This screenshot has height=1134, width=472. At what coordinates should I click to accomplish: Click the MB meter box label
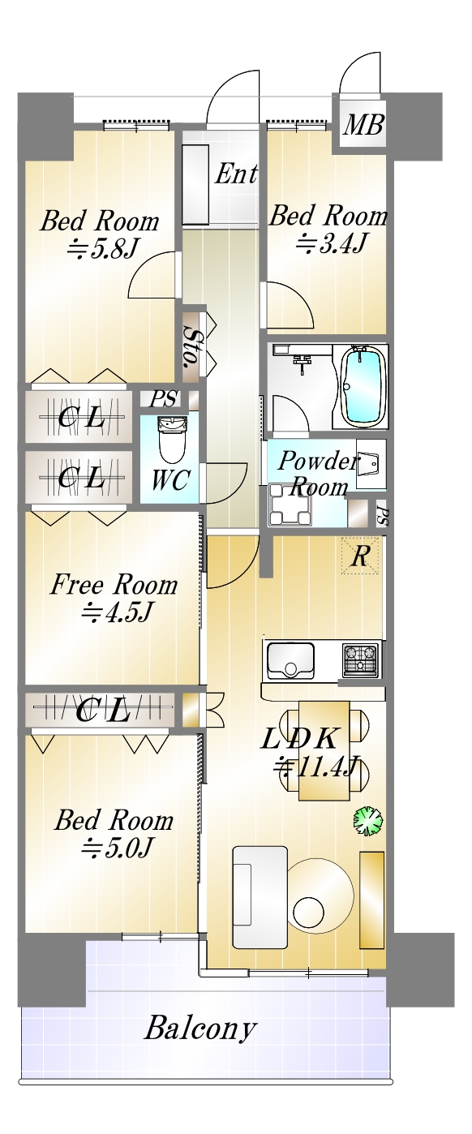[x=363, y=125]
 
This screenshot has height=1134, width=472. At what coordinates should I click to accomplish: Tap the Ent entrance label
[x=236, y=174]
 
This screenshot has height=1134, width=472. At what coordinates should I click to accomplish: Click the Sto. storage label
[x=191, y=347]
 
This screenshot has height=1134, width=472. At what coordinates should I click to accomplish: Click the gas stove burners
[x=361, y=660]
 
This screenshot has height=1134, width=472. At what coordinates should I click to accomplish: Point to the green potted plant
[x=367, y=819]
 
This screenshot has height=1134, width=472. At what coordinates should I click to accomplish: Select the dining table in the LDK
[x=324, y=750]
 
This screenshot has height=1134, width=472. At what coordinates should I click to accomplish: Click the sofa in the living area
[x=260, y=896]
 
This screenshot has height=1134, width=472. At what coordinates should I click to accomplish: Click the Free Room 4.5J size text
[x=117, y=612]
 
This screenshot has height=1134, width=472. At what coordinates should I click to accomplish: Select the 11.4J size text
[x=317, y=767]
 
